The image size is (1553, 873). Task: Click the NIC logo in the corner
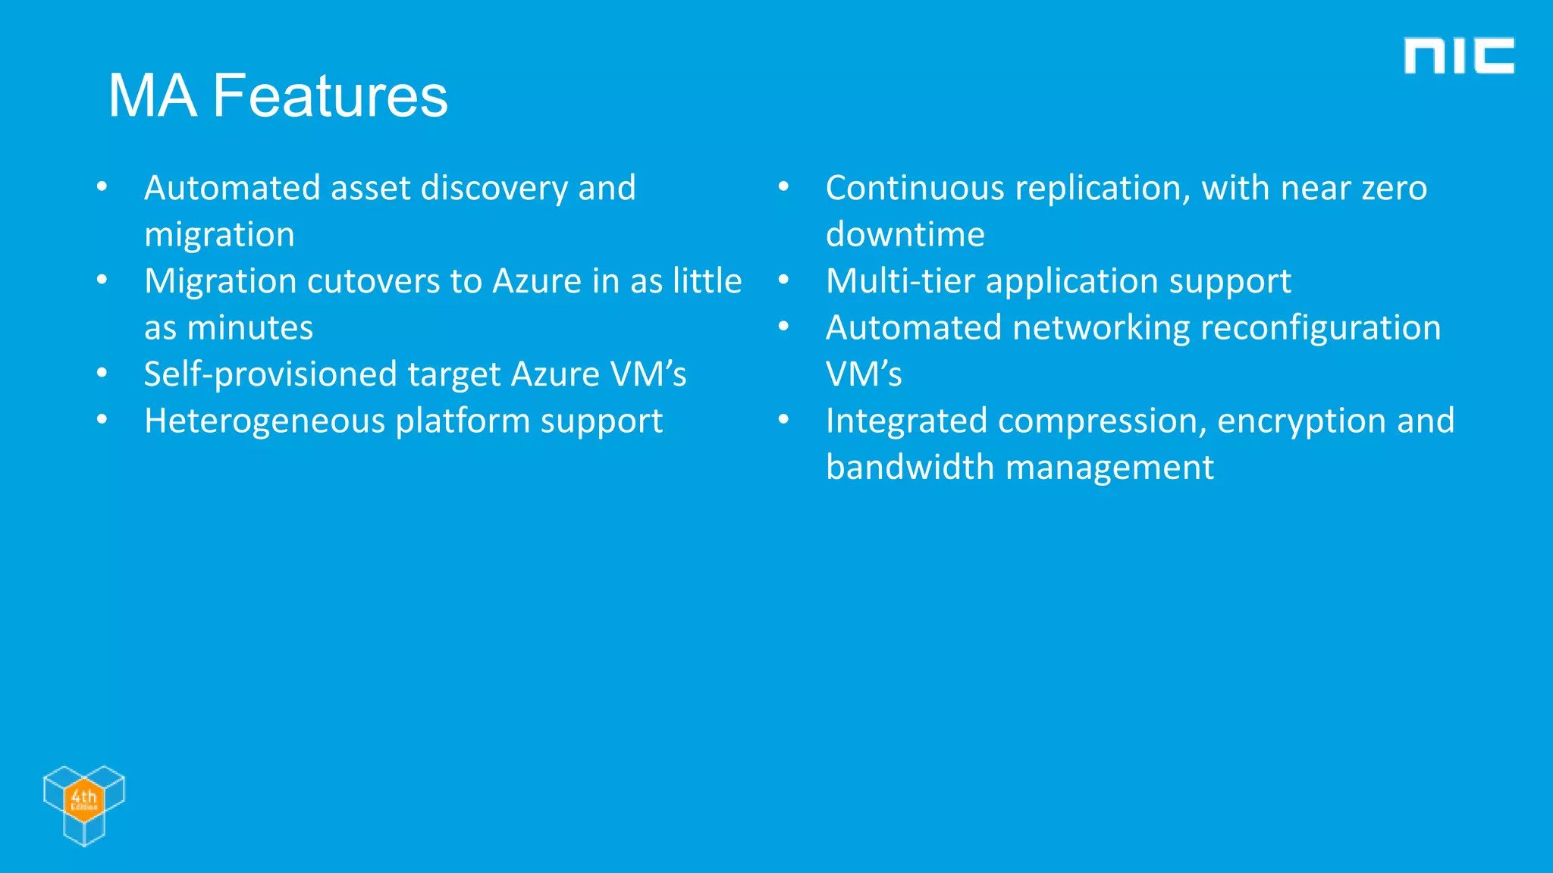(x=1458, y=56)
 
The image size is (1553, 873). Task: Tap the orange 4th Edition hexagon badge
(x=83, y=799)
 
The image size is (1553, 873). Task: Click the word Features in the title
(x=330, y=96)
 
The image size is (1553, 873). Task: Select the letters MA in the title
(x=152, y=96)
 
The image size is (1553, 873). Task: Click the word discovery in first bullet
(x=494, y=188)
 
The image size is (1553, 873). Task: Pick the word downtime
(x=905, y=235)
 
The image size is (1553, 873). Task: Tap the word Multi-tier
(x=899, y=281)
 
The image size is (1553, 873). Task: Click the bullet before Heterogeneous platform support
(x=102, y=420)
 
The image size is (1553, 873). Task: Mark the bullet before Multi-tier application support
(x=784, y=280)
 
